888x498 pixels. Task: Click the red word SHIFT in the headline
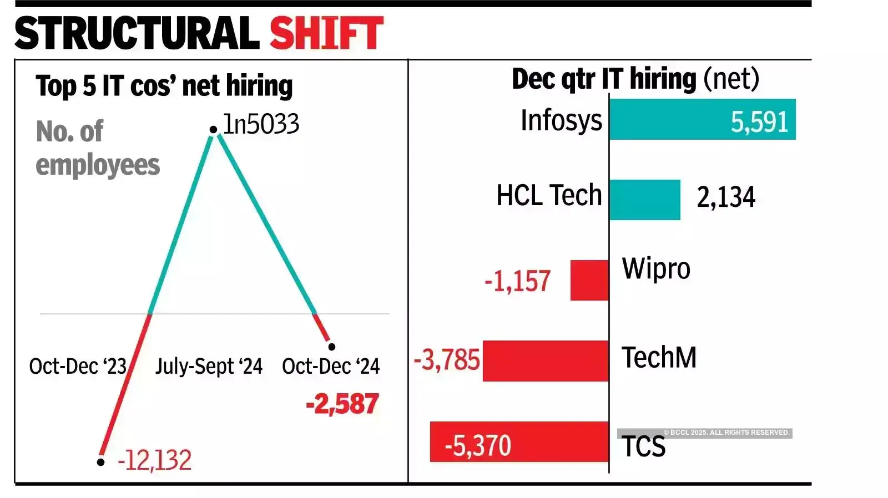point(326,33)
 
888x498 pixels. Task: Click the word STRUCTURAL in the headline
point(137,33)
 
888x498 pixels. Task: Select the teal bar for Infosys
point(702,119)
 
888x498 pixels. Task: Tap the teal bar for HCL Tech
point(644,200)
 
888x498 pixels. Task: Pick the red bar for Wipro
point(589,280)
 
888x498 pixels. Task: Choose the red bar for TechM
point(546,361)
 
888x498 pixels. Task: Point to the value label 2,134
point(725,197)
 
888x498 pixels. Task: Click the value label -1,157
point(517,281)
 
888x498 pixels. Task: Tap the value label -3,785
point(447,360)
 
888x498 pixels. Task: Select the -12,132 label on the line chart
point(154,460)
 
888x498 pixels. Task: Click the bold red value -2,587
point(342,404)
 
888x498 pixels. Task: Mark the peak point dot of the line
point(213,130)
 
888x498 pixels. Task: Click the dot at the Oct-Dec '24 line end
point(331,347)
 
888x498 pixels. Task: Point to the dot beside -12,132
point(100,461)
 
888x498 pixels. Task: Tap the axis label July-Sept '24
point(209,367)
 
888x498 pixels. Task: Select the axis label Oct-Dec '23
point(78,367)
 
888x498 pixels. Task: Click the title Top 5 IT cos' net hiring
point(164,86)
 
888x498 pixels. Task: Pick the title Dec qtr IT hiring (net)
point(635,79)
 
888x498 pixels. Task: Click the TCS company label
point(643,447)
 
